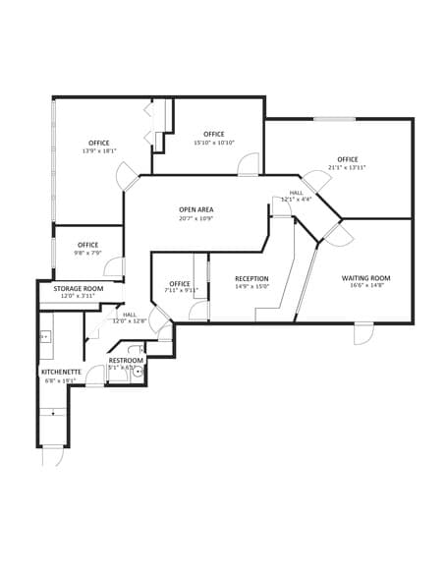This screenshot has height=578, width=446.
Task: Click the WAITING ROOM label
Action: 365,278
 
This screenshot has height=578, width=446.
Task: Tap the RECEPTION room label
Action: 251,279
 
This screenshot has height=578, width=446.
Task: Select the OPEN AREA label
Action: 195,209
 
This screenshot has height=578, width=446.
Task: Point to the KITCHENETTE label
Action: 61,372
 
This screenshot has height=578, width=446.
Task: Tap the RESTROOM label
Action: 126,361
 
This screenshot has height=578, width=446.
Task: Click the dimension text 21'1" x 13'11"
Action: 348,167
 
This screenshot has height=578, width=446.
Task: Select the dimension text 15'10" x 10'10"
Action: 213,143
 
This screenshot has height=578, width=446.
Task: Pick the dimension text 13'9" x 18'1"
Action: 98,151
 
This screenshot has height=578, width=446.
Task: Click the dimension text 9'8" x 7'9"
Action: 87,253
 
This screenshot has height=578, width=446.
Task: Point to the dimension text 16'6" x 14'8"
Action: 365,286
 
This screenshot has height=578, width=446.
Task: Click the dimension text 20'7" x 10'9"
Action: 195,218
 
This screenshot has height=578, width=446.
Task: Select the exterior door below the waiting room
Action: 363,334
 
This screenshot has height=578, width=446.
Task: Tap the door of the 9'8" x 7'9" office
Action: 115,266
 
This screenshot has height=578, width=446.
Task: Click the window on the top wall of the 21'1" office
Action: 334,119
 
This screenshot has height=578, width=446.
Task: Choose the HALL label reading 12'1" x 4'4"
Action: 296,196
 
